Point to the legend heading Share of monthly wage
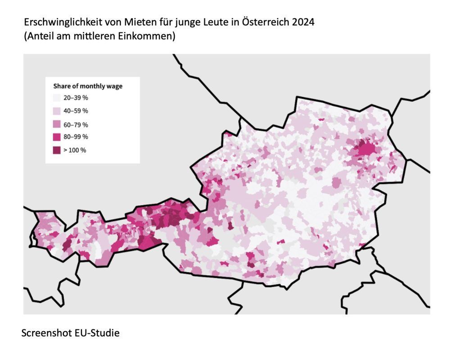88,86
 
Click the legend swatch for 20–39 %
57,98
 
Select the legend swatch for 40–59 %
57,111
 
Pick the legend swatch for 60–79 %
57,124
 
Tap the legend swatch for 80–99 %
57,137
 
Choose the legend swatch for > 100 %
57,150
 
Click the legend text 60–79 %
76,124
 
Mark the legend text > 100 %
75,150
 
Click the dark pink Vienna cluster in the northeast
366,148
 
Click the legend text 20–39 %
76,98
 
